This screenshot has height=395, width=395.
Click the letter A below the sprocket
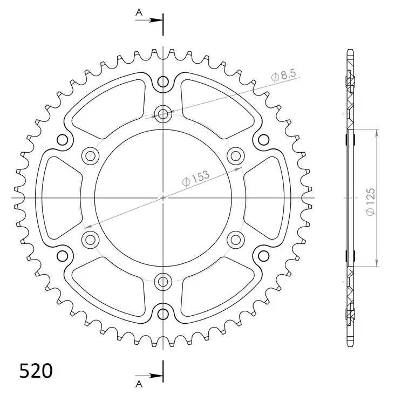coord(139,384)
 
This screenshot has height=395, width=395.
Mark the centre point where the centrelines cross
coord(163,198)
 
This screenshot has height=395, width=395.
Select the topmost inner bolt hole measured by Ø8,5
coord(163,113)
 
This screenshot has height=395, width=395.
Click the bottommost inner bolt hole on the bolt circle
coord(163,281)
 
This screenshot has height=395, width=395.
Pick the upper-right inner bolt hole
coord(236,156)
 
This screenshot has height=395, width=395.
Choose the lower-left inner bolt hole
coord(90,239)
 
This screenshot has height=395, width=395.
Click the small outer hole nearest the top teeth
coord(163,82)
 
